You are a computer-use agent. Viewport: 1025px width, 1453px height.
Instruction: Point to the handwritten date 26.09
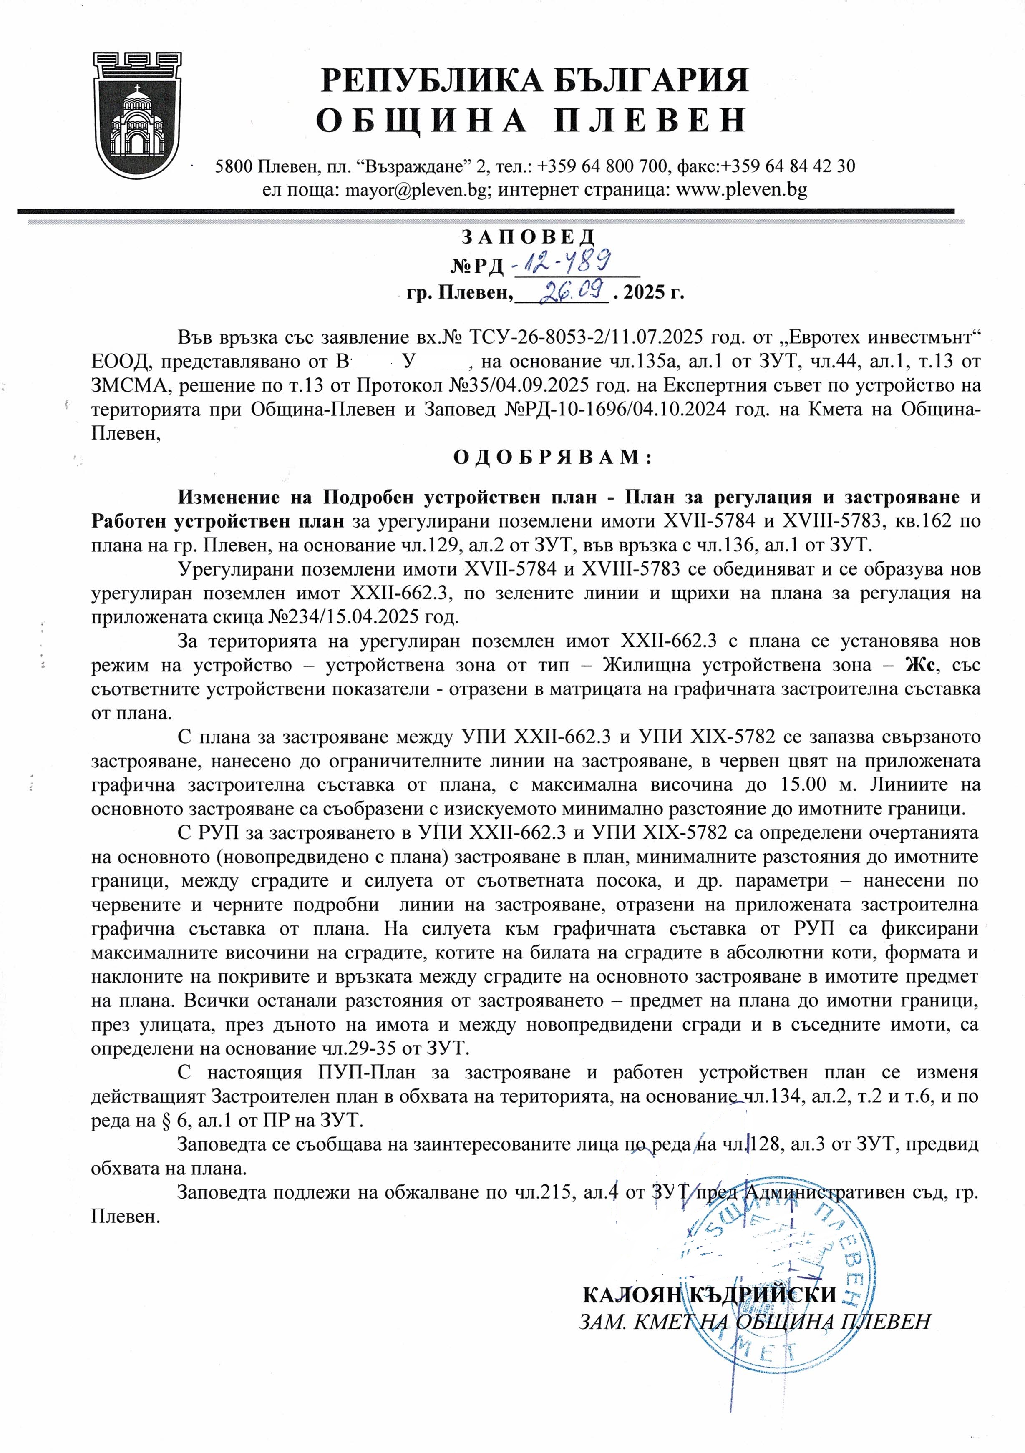click(565, 292)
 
